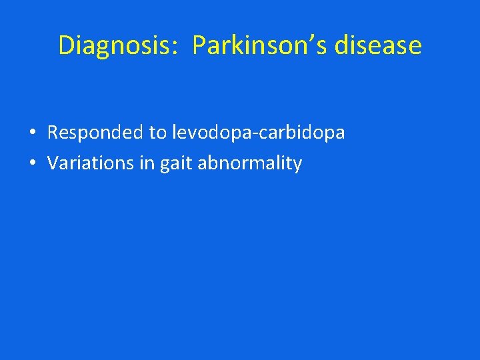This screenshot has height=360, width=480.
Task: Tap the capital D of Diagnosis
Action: [x=67, y=45]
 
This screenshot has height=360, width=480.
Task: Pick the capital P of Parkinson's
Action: [x=199, y=45]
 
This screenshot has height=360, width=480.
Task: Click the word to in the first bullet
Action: [x=158, y=133]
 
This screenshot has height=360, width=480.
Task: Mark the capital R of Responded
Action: [x=53, y=133]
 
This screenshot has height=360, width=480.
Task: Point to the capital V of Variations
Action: [x=53, y=163]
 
